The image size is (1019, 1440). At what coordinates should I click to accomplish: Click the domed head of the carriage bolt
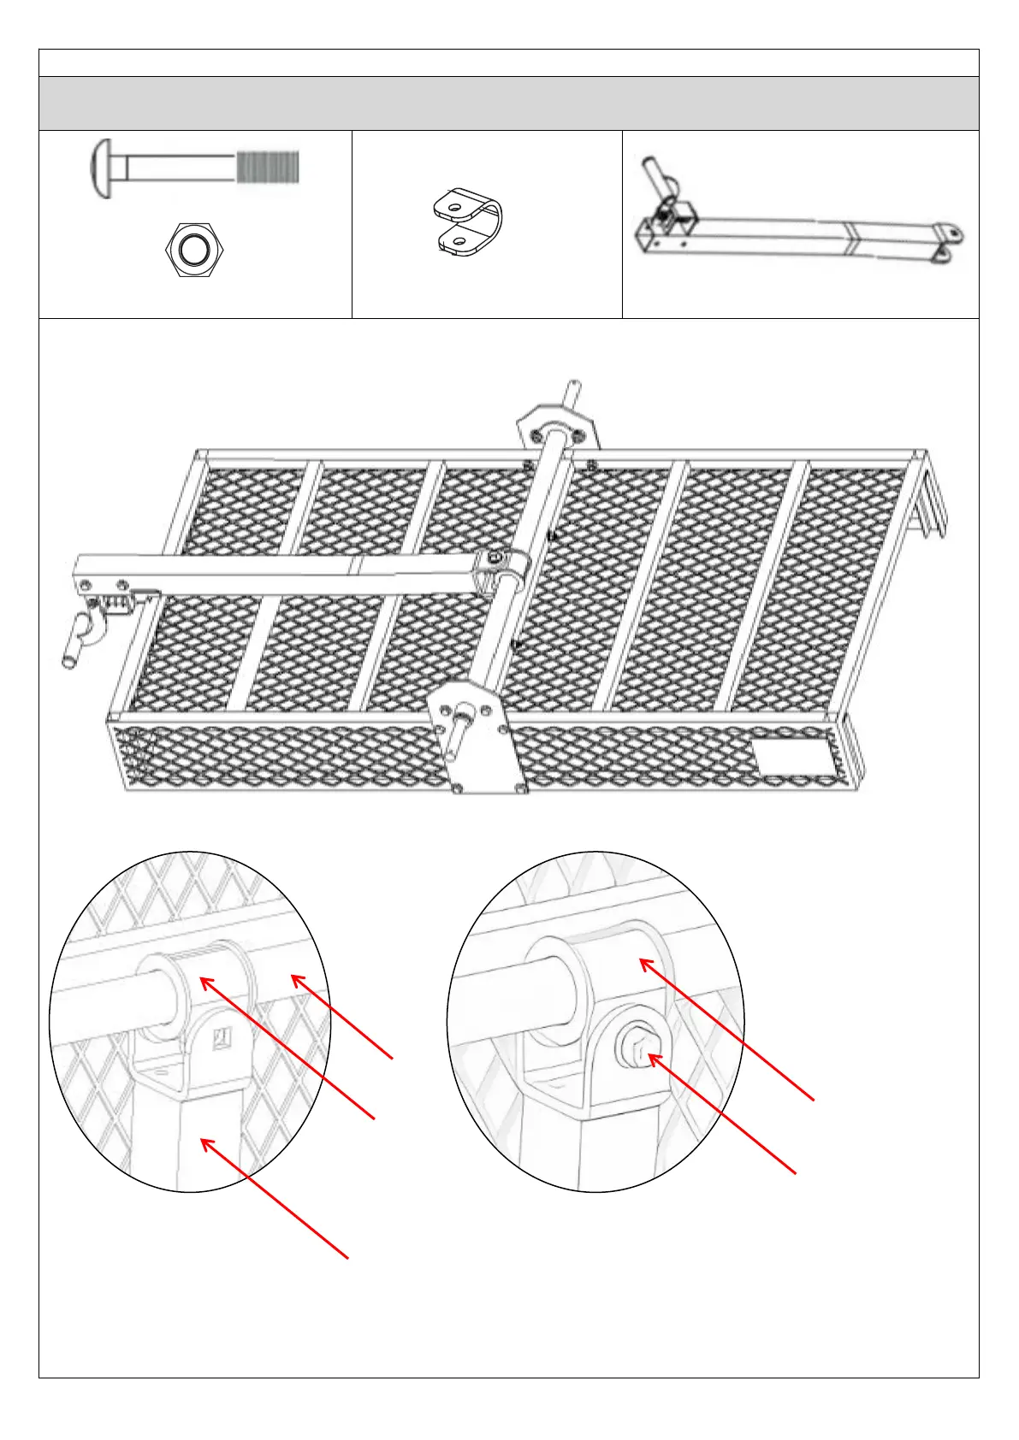[x=101, y=168]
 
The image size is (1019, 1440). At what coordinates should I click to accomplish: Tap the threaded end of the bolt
[x=268, y=168]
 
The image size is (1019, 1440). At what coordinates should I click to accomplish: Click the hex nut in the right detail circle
[x=635, y=1045]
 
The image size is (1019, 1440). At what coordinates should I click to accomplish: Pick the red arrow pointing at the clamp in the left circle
[x=287, y=1048]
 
